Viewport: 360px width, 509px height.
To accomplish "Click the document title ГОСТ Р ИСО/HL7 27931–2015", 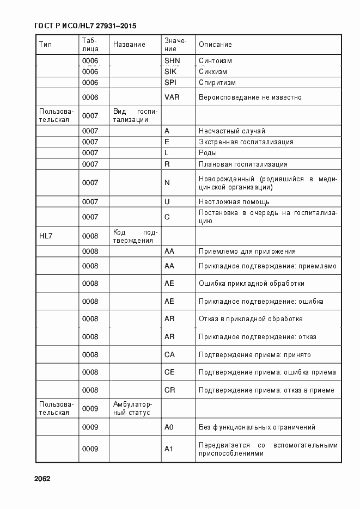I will coord(85,26).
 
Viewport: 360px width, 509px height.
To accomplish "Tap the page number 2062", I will coord(42,479).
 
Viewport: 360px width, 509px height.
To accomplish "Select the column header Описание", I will coord(215,45).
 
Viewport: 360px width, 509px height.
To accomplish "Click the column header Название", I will coord(129,45).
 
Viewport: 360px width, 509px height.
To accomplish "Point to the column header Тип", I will coord(45,45).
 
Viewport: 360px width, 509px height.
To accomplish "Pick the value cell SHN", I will coord(172,60).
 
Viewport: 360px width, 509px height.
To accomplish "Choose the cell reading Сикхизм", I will coord(213,71).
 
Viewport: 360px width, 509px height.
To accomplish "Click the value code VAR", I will coord(172,97).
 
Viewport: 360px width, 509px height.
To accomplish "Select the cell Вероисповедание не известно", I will coord(250,97).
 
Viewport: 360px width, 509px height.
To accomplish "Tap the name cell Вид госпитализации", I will coord(135,115).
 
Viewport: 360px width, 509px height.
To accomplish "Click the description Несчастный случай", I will coord(232,131).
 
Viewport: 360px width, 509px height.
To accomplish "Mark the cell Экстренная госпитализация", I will coord(246,142).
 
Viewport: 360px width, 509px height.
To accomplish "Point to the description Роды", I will coord(208,153).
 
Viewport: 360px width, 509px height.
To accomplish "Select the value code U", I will coord(167,201).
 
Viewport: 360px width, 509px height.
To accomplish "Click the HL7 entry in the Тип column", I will coord(46,236).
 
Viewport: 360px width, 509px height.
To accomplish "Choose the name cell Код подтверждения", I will coord(135,236).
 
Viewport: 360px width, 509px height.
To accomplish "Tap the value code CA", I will coord(169,355).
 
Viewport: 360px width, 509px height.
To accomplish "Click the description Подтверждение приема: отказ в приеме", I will coord(266,390).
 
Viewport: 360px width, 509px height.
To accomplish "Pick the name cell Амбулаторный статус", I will coord(133,408).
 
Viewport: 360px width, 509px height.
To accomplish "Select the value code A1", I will coord(169,449).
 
